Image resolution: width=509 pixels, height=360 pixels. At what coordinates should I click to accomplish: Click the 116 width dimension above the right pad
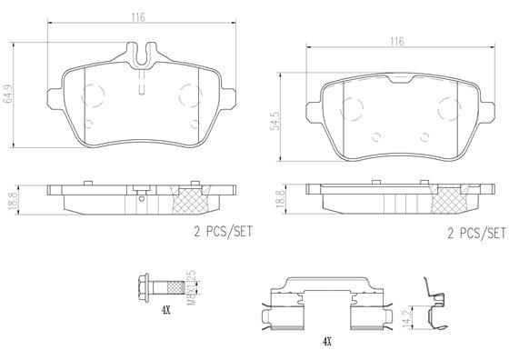tap(396, 41)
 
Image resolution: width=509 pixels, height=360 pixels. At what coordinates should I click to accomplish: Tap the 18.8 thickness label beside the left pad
tap(11, 197)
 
